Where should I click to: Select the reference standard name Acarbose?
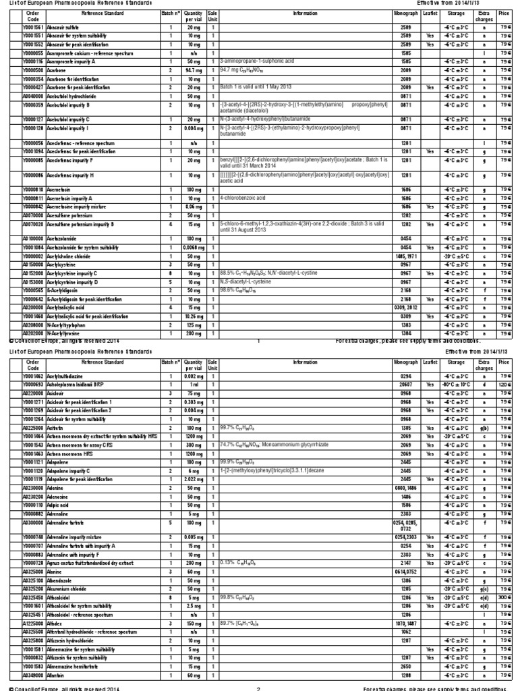[x=57, y=70]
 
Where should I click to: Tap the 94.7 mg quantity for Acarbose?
[x=194, y=70]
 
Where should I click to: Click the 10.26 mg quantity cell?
[x=194, y=316]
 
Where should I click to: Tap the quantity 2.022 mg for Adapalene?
[x=194, y=478]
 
